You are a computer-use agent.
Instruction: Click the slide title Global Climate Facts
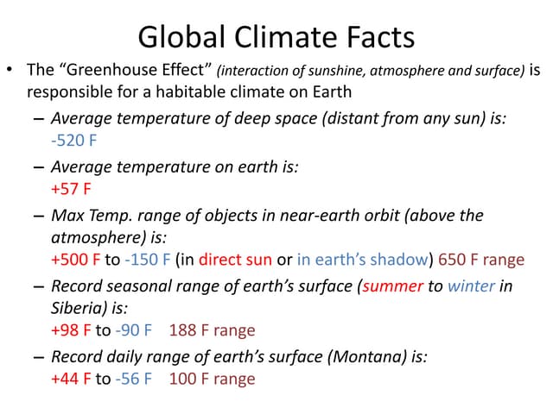[x=276, y=37]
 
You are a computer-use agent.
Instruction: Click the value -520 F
[x=73, y=140]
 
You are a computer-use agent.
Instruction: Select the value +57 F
[x=71, y=188]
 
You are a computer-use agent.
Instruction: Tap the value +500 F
[x=76, y=260]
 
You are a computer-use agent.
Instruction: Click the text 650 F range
[x=481, y=260]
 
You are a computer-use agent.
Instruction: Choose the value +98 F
[x=72, y=330]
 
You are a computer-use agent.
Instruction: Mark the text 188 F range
[x=212, y=330]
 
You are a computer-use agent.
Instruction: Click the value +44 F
[x=72, y=379]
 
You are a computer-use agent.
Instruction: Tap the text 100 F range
[x=212, y=379]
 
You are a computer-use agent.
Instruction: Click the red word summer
[x=392, y=286]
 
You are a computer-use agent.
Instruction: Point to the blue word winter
[x=471, y=286]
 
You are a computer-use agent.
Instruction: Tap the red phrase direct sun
[x=235, y=260]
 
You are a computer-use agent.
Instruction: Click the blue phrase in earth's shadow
[x=362, y=260]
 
